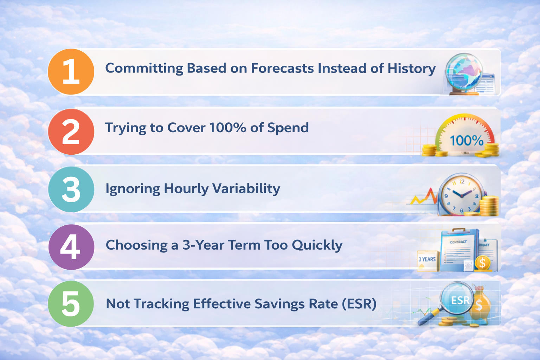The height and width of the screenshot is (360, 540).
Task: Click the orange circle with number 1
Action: tap(71, 72)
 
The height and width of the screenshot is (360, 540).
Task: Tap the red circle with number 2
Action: tap(71, 131)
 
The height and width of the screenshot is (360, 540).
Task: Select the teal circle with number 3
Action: tap(71, 189)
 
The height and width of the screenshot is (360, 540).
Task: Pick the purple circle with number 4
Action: tap(71, 247)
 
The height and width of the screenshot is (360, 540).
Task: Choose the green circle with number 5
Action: tap(71, 304)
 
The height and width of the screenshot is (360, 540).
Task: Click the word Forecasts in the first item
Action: tap(282, 68)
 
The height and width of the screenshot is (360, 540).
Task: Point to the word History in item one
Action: tap(411, 69)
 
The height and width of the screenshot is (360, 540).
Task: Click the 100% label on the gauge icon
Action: tap(467, 141)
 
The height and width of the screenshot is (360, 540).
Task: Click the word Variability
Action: tap(246, 189)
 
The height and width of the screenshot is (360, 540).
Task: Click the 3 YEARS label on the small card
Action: tap(427, 259)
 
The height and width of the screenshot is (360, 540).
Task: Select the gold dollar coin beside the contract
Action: tap(482, 262)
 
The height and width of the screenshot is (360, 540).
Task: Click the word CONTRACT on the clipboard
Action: tap(458, 242)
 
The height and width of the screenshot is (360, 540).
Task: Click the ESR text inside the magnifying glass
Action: tap(460, 301)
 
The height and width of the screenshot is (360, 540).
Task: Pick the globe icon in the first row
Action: tap(463, 72)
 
